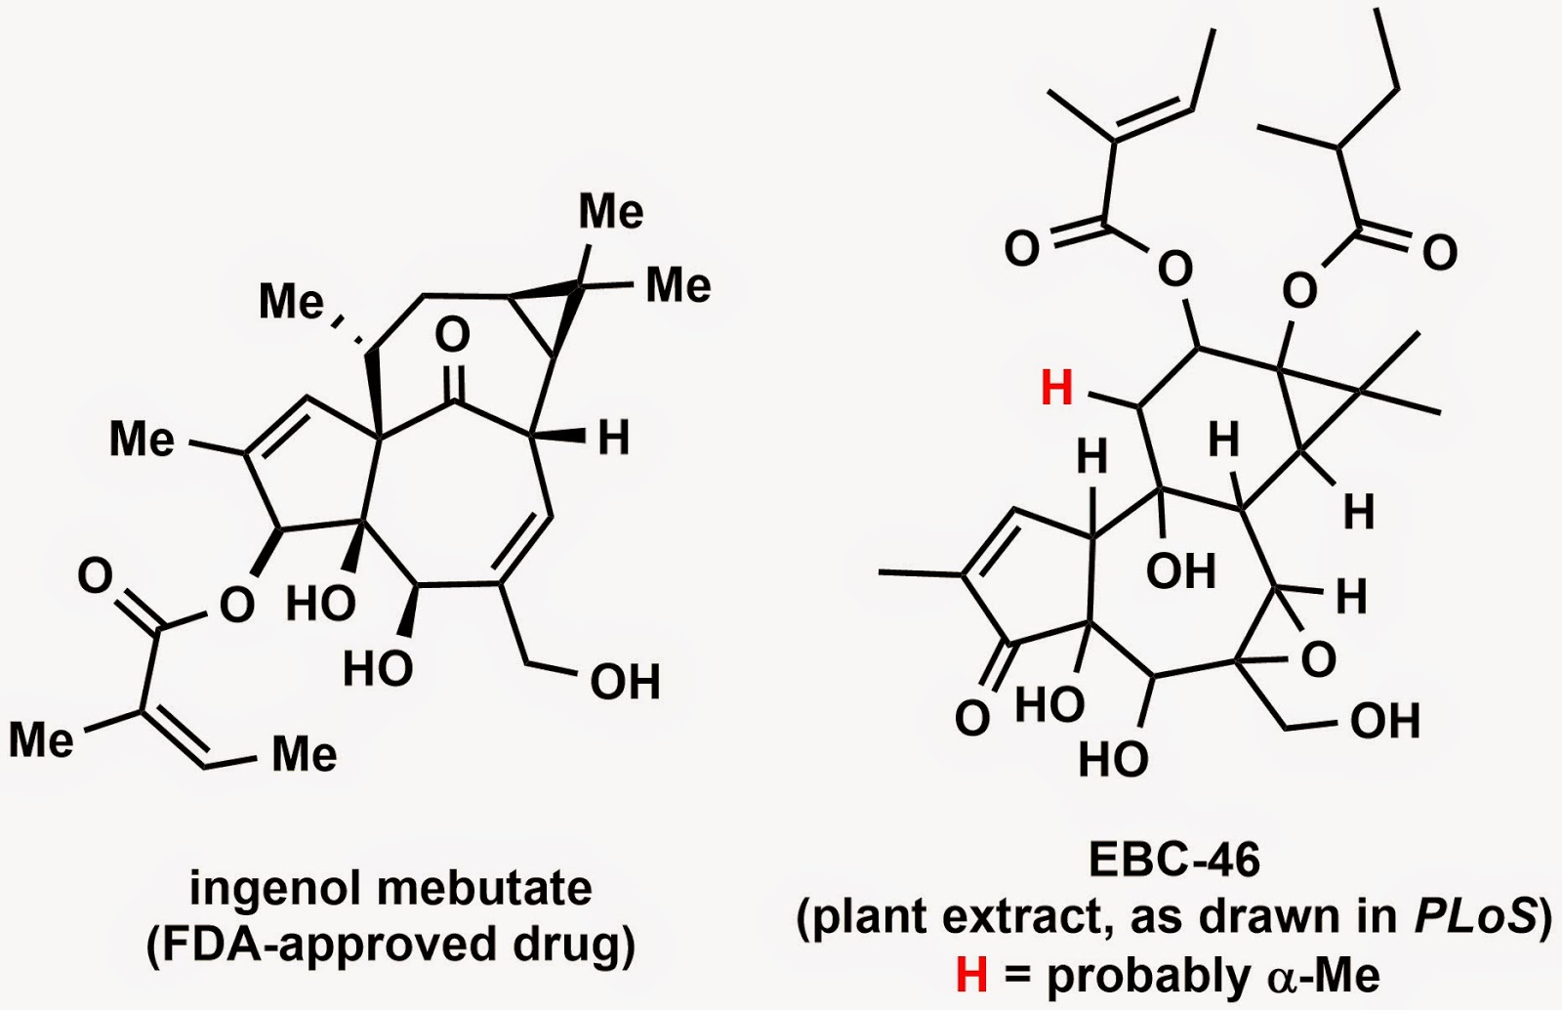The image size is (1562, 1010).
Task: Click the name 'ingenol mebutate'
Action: [x=390, y=889]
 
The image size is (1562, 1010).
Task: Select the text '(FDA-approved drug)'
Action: [x=390, y=946]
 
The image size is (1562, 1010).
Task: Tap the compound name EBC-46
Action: [x=1174, y=860]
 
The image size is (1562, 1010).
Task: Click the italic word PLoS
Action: [x=1474, y=916]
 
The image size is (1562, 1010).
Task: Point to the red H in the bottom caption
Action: [x=971, y=975]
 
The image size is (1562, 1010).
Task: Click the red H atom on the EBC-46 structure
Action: [x=1056, y=389]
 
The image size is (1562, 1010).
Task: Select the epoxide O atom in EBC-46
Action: [x=1318, y=660]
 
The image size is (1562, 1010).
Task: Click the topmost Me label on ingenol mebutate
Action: [x=611, y=211]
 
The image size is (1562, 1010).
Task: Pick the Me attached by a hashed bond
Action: [x=291, y=301]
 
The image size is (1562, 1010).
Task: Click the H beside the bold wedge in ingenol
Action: [x=614, y=440]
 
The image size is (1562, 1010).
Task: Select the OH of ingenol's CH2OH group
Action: [x=625, y=682]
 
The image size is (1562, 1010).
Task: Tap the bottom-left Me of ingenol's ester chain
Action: [x=41, y=739]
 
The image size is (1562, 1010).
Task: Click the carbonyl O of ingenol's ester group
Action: [x=96, y=576]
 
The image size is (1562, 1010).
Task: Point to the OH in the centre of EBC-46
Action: [x=1180, y=571]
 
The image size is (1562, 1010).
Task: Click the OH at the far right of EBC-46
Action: [x=1384, y=722]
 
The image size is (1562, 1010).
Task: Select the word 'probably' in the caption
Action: [x=1150, y=975]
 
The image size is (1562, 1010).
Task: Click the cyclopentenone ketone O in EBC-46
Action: [x=971, y=718]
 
